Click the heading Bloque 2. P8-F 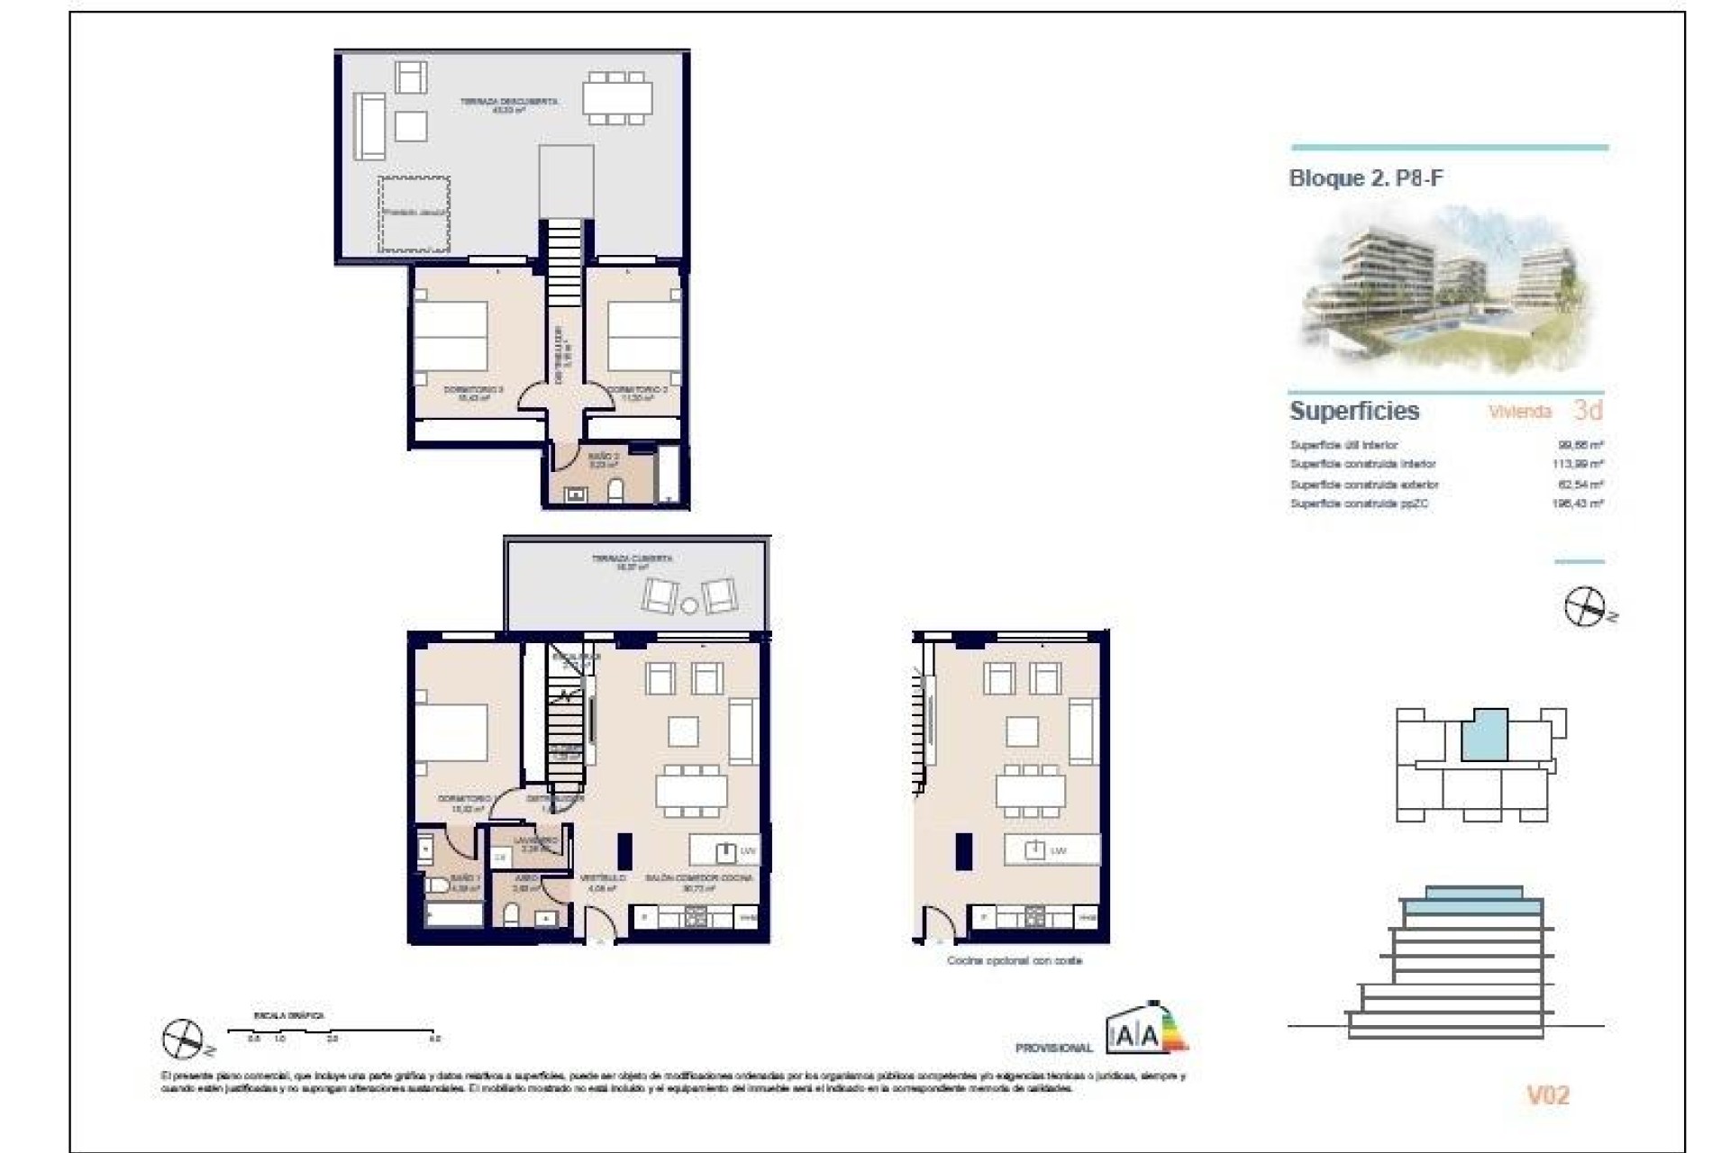1365,178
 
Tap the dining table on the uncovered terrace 617,97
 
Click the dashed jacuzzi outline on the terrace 414,214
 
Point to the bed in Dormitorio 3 451,336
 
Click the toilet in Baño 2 617,491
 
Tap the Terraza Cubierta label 632,562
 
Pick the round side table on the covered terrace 689,606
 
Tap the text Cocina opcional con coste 1014,961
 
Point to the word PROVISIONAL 1053,1049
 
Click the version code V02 1547,1095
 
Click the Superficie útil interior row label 1343,445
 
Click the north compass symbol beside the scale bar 183,1039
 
